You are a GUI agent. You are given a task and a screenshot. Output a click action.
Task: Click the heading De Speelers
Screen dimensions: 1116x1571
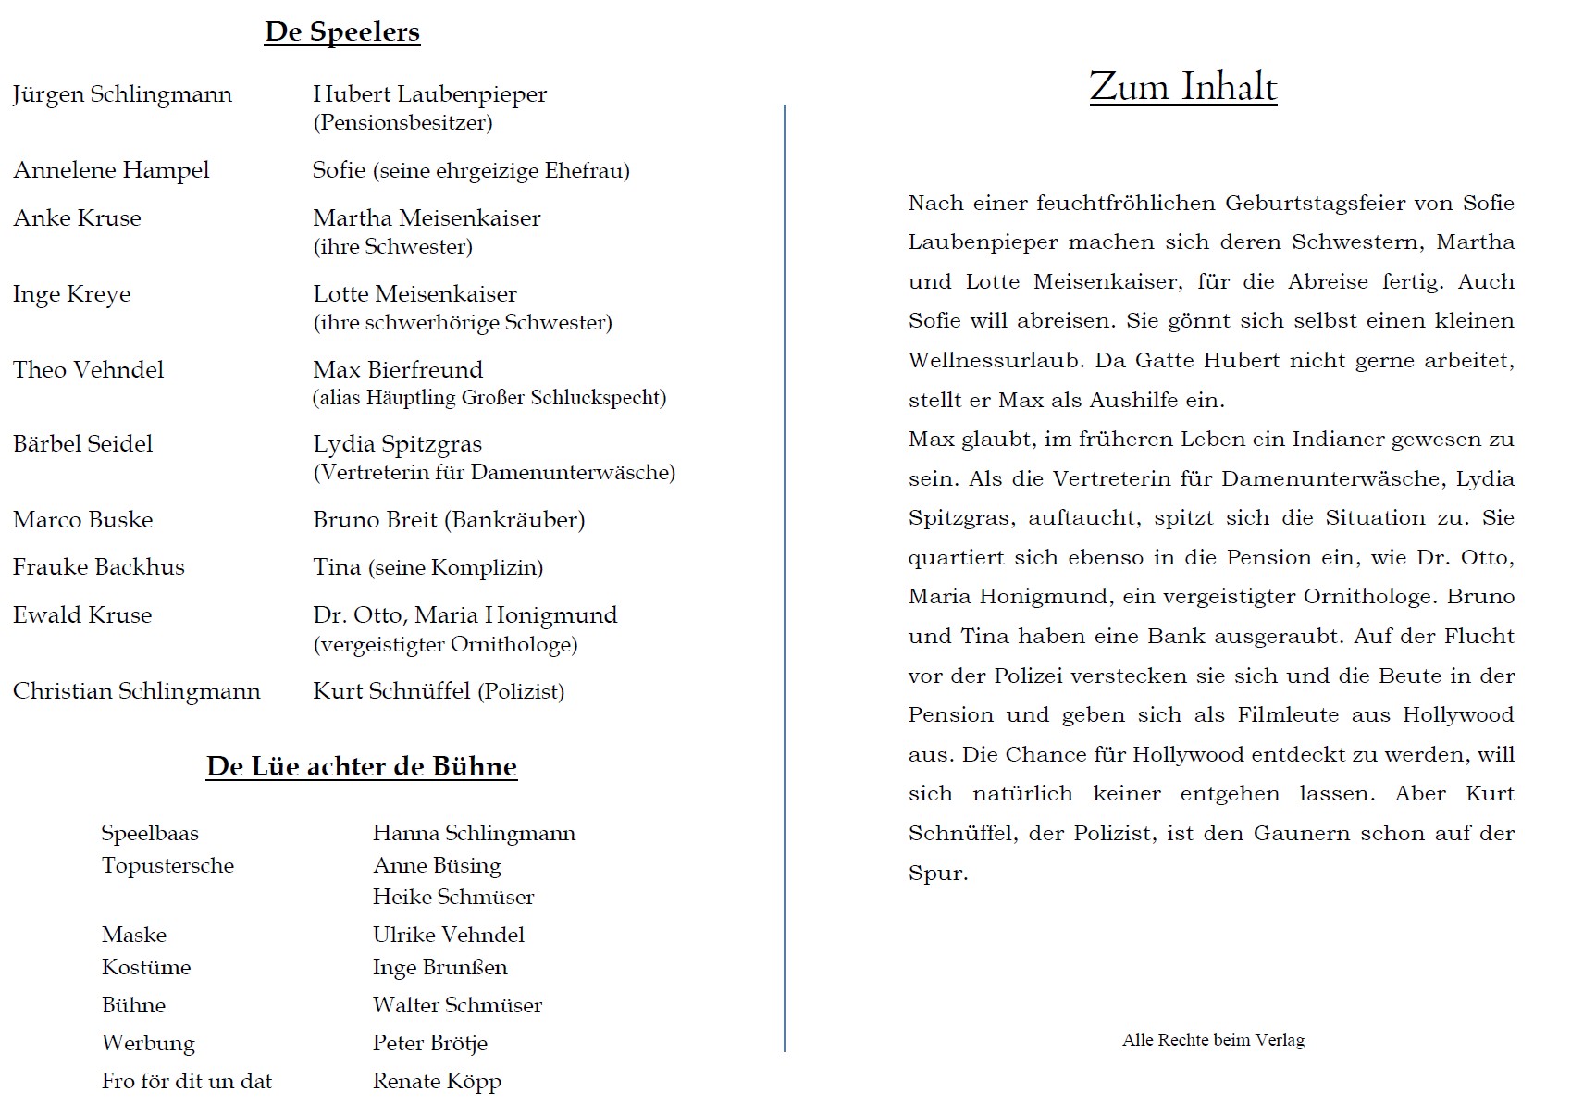(341, 31)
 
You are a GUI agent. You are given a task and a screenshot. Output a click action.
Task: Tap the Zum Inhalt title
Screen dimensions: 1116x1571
(1182, 87)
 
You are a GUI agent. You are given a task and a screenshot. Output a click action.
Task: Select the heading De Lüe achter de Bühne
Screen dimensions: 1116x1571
(361, 766)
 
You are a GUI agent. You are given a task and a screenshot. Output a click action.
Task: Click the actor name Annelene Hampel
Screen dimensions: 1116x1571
(111, 170)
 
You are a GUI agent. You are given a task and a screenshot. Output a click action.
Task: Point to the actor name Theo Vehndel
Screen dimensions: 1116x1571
(88, 370)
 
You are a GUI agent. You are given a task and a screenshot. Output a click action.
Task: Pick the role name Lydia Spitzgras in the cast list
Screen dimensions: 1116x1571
(397, 444)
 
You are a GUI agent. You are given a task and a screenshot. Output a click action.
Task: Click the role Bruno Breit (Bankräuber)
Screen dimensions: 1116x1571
(449, 520)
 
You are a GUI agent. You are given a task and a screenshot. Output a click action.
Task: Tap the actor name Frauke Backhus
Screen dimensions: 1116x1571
(98, 567)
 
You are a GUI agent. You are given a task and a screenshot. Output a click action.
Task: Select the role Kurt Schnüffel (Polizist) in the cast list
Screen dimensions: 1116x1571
(439, 691)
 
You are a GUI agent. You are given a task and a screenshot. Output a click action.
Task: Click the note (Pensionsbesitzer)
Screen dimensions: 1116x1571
(402, 122)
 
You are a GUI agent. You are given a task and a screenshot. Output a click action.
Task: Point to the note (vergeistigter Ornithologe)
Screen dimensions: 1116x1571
(445, 644)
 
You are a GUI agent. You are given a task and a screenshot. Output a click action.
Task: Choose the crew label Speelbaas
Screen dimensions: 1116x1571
(150, 834)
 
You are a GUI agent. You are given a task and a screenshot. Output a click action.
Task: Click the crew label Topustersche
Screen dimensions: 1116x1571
(167, 866)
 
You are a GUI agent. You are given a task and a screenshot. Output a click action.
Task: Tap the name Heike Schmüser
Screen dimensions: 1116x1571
(453, 898)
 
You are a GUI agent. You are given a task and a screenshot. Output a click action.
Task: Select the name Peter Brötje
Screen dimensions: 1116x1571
(429, 1044)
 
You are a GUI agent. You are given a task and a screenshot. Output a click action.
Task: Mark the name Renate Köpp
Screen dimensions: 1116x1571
(437, 1082)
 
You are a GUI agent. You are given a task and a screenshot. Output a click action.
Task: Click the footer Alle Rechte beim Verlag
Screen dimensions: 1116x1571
(1213, 1040)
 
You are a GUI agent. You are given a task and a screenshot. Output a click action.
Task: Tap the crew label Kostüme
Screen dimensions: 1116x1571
(146, 968)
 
